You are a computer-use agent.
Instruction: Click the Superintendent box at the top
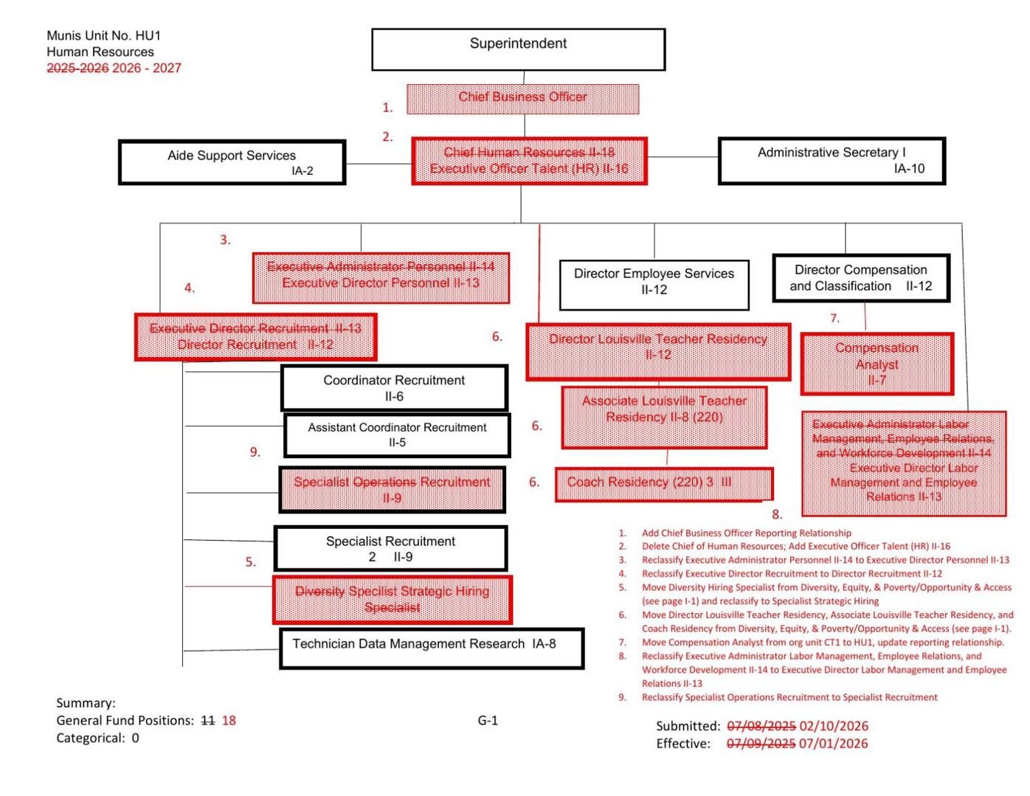518,49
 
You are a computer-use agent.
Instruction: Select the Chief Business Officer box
522,98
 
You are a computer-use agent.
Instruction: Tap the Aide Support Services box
232,162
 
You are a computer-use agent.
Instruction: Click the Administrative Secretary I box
832,160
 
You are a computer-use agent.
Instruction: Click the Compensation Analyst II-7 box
877,364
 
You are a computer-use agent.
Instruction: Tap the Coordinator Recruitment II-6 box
394,388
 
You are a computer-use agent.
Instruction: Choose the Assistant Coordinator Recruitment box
397,435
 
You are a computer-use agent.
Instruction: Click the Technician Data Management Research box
431,648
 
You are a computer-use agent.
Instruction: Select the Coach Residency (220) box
663,483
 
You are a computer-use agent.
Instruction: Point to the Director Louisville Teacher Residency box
658,351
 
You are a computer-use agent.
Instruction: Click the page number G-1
488,721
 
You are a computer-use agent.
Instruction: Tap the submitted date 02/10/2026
834,727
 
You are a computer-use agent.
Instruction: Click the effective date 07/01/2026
833,744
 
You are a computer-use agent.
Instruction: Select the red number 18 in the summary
229,721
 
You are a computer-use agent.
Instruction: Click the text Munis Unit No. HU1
103,35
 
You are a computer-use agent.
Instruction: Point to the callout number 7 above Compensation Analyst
834,319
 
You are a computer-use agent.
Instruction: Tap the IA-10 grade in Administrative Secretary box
908,169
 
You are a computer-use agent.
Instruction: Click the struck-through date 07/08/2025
761,727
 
